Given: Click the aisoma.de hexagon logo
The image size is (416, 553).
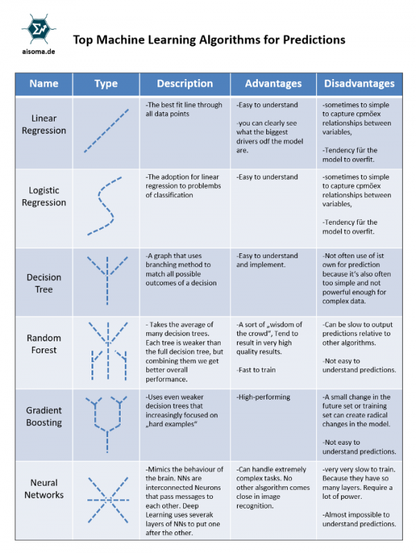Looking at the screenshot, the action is [38, 29].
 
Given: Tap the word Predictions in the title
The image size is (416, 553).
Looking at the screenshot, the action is [314, 40].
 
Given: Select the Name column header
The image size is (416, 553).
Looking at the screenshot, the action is [44, 83].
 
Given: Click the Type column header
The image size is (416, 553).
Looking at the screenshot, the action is [106, 84].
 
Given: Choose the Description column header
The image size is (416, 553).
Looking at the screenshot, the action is [184, 83].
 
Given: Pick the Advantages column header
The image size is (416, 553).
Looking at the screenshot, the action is [273, 83].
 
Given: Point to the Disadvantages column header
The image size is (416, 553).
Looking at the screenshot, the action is [359, 83].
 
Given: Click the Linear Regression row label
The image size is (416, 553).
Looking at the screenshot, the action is [44, 124].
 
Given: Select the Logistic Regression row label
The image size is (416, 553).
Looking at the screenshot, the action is [44, 196].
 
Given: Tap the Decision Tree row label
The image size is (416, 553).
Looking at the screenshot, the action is [44, 283].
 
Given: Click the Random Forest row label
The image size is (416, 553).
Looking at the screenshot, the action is [44, 344].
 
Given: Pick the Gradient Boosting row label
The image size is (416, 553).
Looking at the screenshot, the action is [44, 416].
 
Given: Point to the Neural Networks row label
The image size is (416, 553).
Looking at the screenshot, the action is [44, 488].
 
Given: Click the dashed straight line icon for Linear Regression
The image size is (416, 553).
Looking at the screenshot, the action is [106, 131].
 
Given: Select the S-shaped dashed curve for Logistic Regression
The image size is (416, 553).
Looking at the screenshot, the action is [105, 206].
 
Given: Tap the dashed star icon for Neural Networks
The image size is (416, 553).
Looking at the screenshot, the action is [108, 500].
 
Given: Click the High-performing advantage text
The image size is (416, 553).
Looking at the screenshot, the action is [263, 397].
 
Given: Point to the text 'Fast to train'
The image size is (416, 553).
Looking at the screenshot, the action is [256, 370].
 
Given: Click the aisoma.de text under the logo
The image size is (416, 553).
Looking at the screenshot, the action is [38, 51].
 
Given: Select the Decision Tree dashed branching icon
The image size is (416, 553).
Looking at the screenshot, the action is [107, 281].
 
